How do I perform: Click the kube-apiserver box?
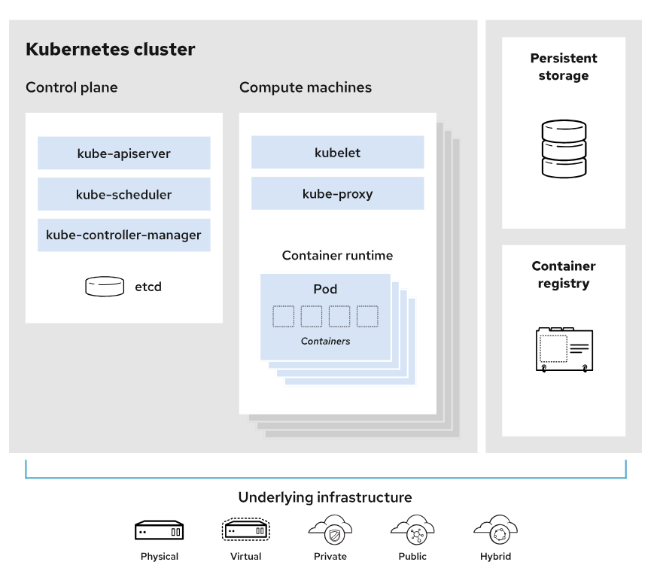point(124,153)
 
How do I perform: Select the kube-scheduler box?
point(124,194)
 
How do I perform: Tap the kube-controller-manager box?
point(124,235)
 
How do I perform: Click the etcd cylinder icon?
point(105,287)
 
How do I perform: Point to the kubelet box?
point(338,152)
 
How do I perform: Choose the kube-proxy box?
point(338,193)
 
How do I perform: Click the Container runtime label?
point(337,256)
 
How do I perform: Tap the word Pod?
point(325,289)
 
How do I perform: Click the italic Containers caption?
point(326,341)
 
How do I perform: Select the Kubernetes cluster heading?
point(110,49)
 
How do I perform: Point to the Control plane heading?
point(71,87)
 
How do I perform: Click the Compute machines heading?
point(306,87)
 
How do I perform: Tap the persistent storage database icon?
point(564,149)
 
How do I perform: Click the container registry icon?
point(564,350)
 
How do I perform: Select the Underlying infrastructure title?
point(325,497)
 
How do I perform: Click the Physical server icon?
point(160,530)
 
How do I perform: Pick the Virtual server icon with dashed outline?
point(245,530)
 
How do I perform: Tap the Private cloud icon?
point(330,530)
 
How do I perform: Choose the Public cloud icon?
point(413,530)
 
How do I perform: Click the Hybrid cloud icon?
point(496,530)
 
